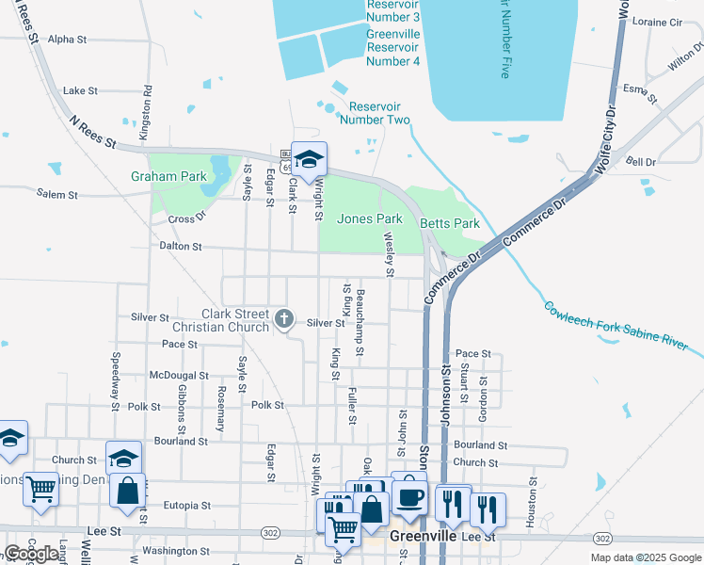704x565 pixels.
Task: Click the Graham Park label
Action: pos(168,176)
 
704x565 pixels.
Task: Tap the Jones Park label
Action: pos(370,218)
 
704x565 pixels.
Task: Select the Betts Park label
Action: pos(450,223)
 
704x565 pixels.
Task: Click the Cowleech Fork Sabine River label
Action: pos(615,327)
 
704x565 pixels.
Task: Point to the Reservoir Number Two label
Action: pos(375,113)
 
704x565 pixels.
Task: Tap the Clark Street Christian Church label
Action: pos(235,321)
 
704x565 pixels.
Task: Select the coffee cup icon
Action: pos(408,495)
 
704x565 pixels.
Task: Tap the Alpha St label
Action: pos(67,40)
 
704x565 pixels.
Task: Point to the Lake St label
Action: pos(80,91)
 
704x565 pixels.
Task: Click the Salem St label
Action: pos(56,195)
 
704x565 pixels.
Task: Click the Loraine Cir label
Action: pos(658,22)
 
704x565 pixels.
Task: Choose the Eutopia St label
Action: pos(185,506)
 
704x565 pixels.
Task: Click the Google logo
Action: pos(31,554)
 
